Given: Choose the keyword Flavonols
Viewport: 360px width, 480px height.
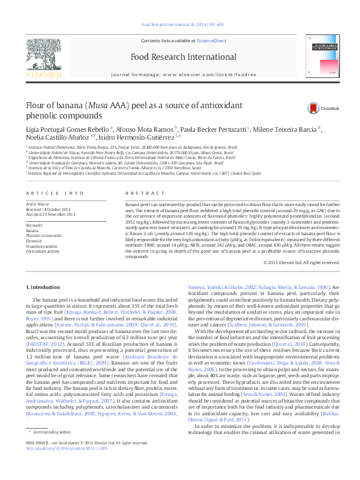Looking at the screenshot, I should click(34, 241).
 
